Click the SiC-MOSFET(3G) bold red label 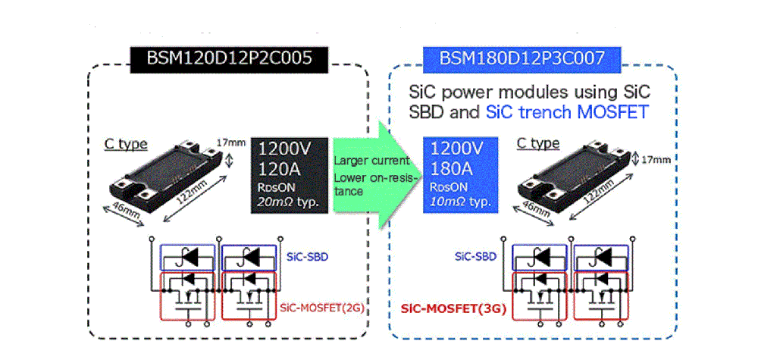click(453, 309)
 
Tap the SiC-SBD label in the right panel click(475, 257)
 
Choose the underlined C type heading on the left click(126, 144)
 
